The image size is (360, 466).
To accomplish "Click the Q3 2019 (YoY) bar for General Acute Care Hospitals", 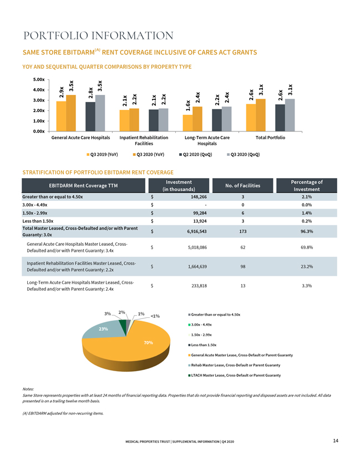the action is (61, 116).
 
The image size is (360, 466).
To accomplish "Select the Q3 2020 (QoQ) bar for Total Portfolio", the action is (290, 115).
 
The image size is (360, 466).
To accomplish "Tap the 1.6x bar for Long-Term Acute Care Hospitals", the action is (187, 123).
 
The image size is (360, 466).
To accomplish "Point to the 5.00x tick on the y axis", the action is (39, 80).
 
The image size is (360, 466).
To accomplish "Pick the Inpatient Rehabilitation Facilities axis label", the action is (144, 140).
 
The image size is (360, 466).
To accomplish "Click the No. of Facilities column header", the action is (242, 185).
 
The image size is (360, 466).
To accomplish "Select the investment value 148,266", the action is (199, 197).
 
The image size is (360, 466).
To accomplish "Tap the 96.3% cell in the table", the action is (307, 231).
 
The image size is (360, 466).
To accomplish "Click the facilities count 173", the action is (243, 231).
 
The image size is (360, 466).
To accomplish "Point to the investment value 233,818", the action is (199, 286).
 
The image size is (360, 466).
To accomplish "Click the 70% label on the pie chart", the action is (148, 343).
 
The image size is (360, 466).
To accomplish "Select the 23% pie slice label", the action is (104, 329).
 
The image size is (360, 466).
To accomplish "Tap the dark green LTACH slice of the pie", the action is (123, 324).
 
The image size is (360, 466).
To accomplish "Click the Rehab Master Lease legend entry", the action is (234, 365).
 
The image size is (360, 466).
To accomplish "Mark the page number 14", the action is (336, 440).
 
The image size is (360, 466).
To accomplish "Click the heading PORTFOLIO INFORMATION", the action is (98, 36).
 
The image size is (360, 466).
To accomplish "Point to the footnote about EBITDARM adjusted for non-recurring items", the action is (63, 413).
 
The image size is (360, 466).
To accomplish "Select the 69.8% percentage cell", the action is (307, 247).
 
